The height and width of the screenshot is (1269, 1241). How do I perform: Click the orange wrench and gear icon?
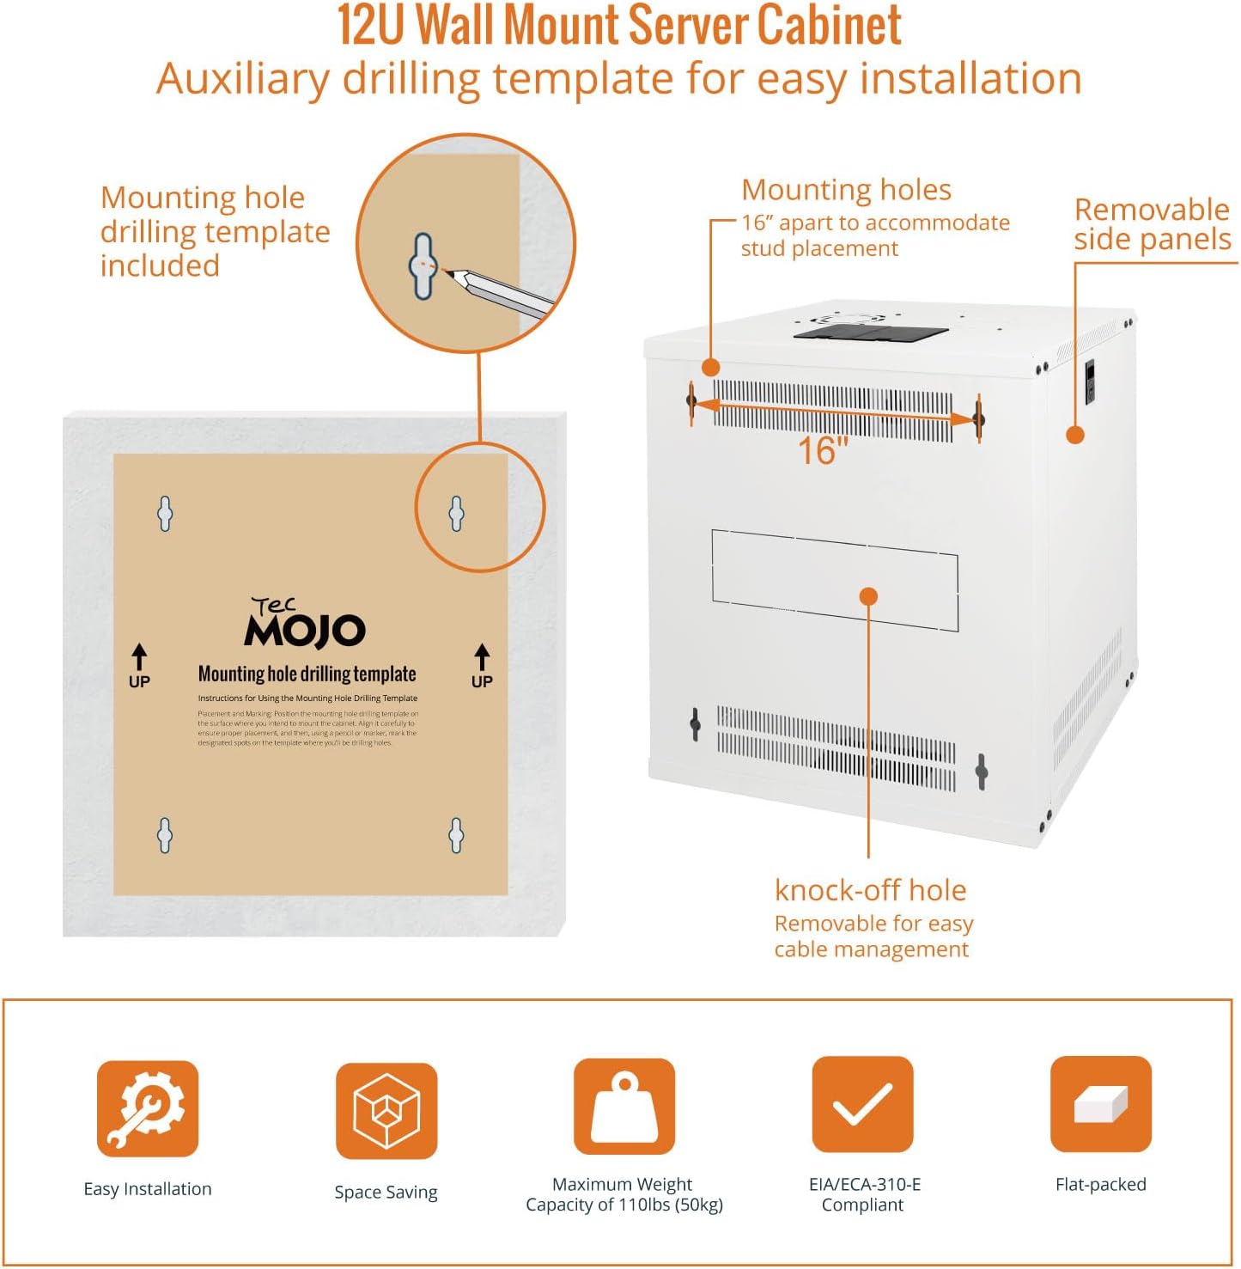coord(147,1108)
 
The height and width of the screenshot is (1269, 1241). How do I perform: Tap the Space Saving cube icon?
coord(386,1110)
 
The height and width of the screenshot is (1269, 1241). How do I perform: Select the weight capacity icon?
coord(624,1107)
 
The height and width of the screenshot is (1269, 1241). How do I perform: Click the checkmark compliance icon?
coord(862,1105)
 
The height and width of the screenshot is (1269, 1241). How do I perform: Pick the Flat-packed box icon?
coord(1100,1104)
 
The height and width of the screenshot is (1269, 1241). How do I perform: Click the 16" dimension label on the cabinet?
coord(822,451)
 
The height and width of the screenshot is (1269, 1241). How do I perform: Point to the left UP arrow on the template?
coord(139,657)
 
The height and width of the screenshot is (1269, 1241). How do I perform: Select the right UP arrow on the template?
coord(482,657)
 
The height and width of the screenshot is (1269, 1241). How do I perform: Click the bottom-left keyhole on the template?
coord(165,835)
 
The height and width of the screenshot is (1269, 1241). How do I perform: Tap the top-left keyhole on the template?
coord(165,514)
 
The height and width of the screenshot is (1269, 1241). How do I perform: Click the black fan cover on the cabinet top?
coord(869,329)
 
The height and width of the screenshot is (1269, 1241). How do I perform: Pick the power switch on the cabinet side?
coord(1090,382)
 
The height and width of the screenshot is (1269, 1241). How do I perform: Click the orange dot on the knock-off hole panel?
coord(868,595)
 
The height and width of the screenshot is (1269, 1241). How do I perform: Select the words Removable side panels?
coord(1152,224)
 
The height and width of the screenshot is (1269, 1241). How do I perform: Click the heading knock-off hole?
coord(870,890)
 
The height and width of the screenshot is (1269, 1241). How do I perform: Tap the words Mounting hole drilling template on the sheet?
coord(307,674)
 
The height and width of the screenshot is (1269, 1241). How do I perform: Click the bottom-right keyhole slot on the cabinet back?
coord(982,772)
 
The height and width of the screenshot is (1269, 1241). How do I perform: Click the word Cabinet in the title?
coord(829,26)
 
